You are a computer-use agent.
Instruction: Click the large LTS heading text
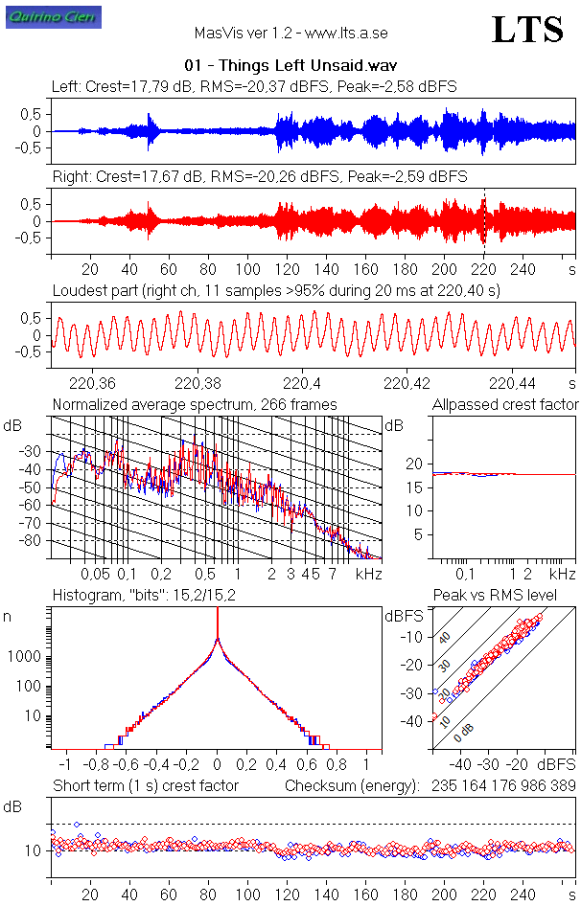coord(527,31)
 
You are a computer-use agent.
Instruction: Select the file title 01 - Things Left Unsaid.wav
coord(290,66)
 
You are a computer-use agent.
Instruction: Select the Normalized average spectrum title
coord(195,405)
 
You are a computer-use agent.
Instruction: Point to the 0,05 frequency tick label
coord(95,574)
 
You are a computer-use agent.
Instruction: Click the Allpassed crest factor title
coord(505,405)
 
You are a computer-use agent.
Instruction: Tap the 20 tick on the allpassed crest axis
coord(414,464)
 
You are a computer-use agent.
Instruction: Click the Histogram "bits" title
coord(142,596)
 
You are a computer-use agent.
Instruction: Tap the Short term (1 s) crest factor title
coord(145,785)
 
